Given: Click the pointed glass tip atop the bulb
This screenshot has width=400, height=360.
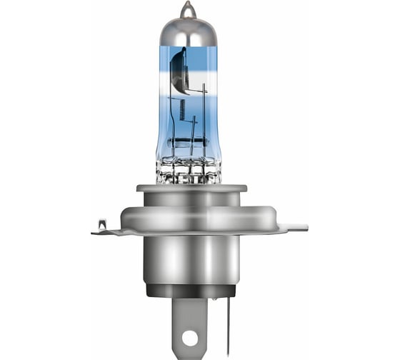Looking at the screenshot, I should click(187, 9).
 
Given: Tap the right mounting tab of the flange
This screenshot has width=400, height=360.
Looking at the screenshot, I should click(293, 227).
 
